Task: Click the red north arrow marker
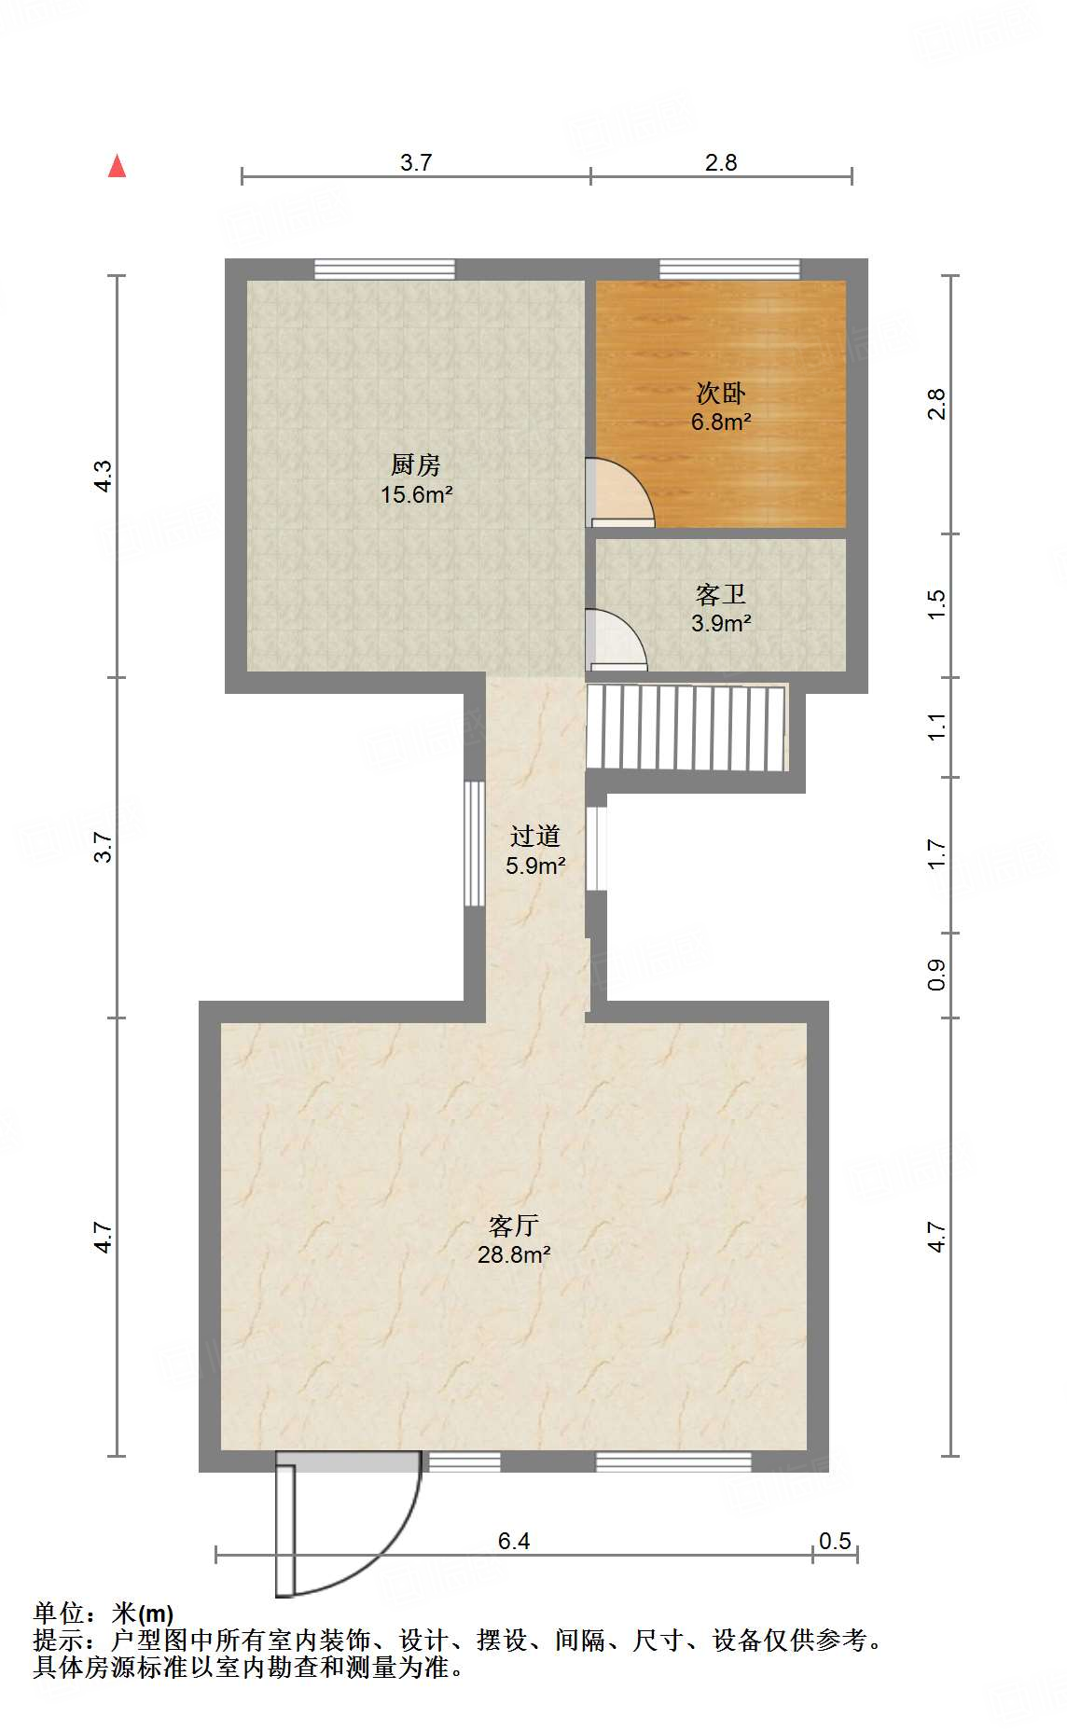pos(117,166)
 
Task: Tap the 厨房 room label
pos(416,464)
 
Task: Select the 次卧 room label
pos(721,393)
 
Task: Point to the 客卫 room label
pos(721,594)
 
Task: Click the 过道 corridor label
pos(535,836)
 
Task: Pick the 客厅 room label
pos(514,1225)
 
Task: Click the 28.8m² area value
pos(514,1254)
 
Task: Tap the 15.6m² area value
pos(416,494)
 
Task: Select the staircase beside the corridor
pos(686,727)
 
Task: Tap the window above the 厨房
pos(384,270)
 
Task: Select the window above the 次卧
pos(729,270)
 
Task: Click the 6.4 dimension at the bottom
pos(514,1541)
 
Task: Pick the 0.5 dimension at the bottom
pos(835,1541)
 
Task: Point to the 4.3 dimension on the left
pos(104,477)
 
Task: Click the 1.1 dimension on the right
pos(936,727)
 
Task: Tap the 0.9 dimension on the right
pos(936,975)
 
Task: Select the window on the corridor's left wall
pos(475,843)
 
